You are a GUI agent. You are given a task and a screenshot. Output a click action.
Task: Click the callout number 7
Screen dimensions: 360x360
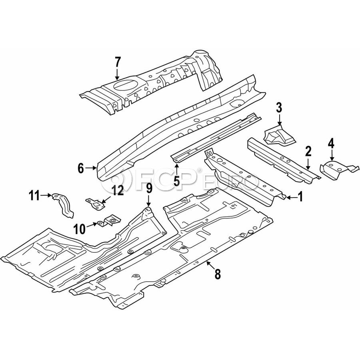point(117,62)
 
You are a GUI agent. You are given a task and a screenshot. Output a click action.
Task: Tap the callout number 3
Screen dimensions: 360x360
point(279,108)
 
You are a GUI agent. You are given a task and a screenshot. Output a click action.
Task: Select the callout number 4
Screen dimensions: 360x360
point(331,144)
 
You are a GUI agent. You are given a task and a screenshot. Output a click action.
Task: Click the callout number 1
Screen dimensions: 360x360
point(300,197)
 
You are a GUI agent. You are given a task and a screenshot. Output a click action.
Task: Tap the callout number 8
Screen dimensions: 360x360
point(218,274)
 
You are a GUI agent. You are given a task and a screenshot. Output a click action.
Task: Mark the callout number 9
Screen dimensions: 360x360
point(149,188)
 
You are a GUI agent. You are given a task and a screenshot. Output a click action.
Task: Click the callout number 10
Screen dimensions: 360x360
point(80,229)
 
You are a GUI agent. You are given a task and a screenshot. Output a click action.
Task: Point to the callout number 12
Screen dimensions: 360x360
point(118,190)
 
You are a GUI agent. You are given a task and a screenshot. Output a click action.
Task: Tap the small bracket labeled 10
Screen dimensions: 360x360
point(110,221)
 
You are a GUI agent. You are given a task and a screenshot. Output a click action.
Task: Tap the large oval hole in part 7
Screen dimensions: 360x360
point(125,84)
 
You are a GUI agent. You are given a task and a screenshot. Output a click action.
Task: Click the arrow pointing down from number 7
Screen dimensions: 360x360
point(117,74)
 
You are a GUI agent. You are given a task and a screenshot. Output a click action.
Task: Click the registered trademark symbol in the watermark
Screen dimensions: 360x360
point(199,170)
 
